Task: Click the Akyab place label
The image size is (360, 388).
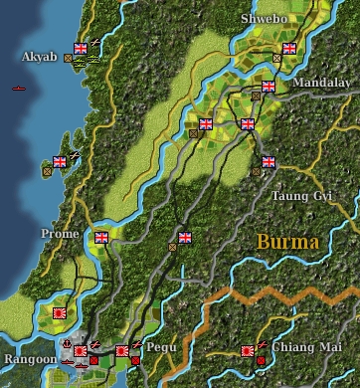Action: [40, 57]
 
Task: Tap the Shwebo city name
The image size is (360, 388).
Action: [262, 19]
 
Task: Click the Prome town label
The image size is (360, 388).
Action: [59, 233]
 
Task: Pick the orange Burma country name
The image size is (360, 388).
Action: [287, 242]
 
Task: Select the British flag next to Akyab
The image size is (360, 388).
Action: [82, 48]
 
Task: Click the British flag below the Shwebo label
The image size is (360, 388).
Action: [289, 48]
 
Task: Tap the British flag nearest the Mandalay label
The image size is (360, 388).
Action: [269, 86]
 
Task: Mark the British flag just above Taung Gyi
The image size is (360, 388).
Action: [268, 161]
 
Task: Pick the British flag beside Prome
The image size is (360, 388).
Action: [100, 238]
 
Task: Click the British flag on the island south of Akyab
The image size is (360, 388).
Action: [59, 160]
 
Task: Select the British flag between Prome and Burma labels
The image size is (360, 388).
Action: [184, 238]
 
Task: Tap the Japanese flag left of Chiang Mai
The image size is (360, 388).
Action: [248, 350]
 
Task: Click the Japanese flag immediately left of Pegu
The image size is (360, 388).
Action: [121, 350]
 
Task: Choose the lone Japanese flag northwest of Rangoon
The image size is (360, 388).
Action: [59, 314]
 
